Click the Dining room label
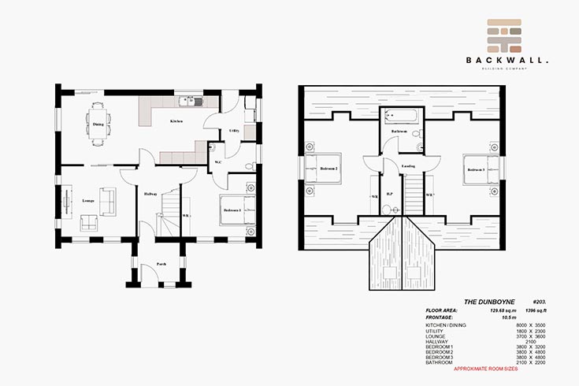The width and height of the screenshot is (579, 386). point(98,124)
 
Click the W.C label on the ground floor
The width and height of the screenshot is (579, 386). point(218,163)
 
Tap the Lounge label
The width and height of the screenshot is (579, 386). point(88,200)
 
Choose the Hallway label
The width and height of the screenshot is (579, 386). point(150,194)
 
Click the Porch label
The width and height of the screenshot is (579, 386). point(161,263)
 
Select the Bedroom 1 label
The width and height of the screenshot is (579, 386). point(231,210)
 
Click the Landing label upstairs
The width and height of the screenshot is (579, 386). point(408,165)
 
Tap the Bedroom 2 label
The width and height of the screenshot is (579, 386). point(328,169)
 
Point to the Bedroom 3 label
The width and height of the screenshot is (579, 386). point(476,169)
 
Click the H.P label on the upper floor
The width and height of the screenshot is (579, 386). point(389,193)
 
